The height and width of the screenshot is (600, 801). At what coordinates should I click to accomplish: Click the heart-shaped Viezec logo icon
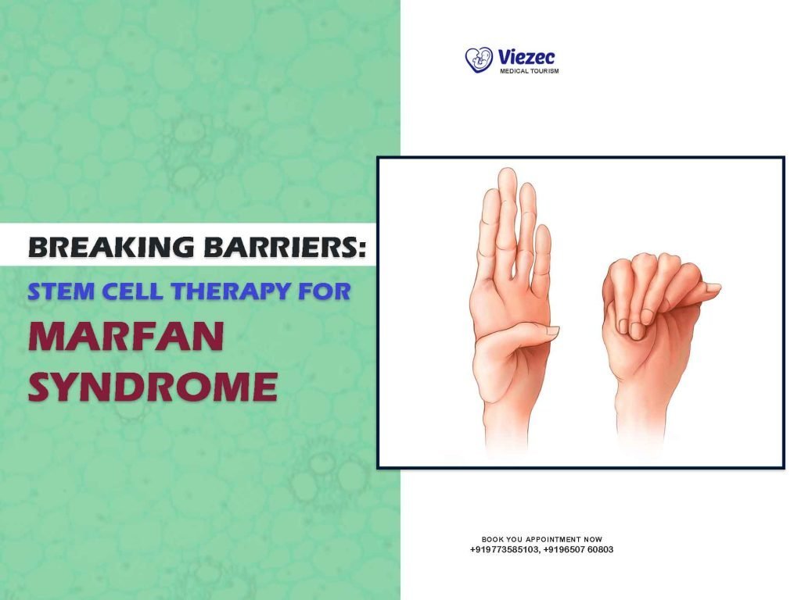[x=479, y=59]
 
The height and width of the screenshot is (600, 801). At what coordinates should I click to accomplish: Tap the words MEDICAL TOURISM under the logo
[x=529, y=71]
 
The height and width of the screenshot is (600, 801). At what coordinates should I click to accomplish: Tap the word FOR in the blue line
[x=327, y=292]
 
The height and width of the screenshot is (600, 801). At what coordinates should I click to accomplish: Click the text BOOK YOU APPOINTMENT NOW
[x=541, y=539]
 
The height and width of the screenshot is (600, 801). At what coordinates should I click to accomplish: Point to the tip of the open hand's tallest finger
[x=508, y=173]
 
